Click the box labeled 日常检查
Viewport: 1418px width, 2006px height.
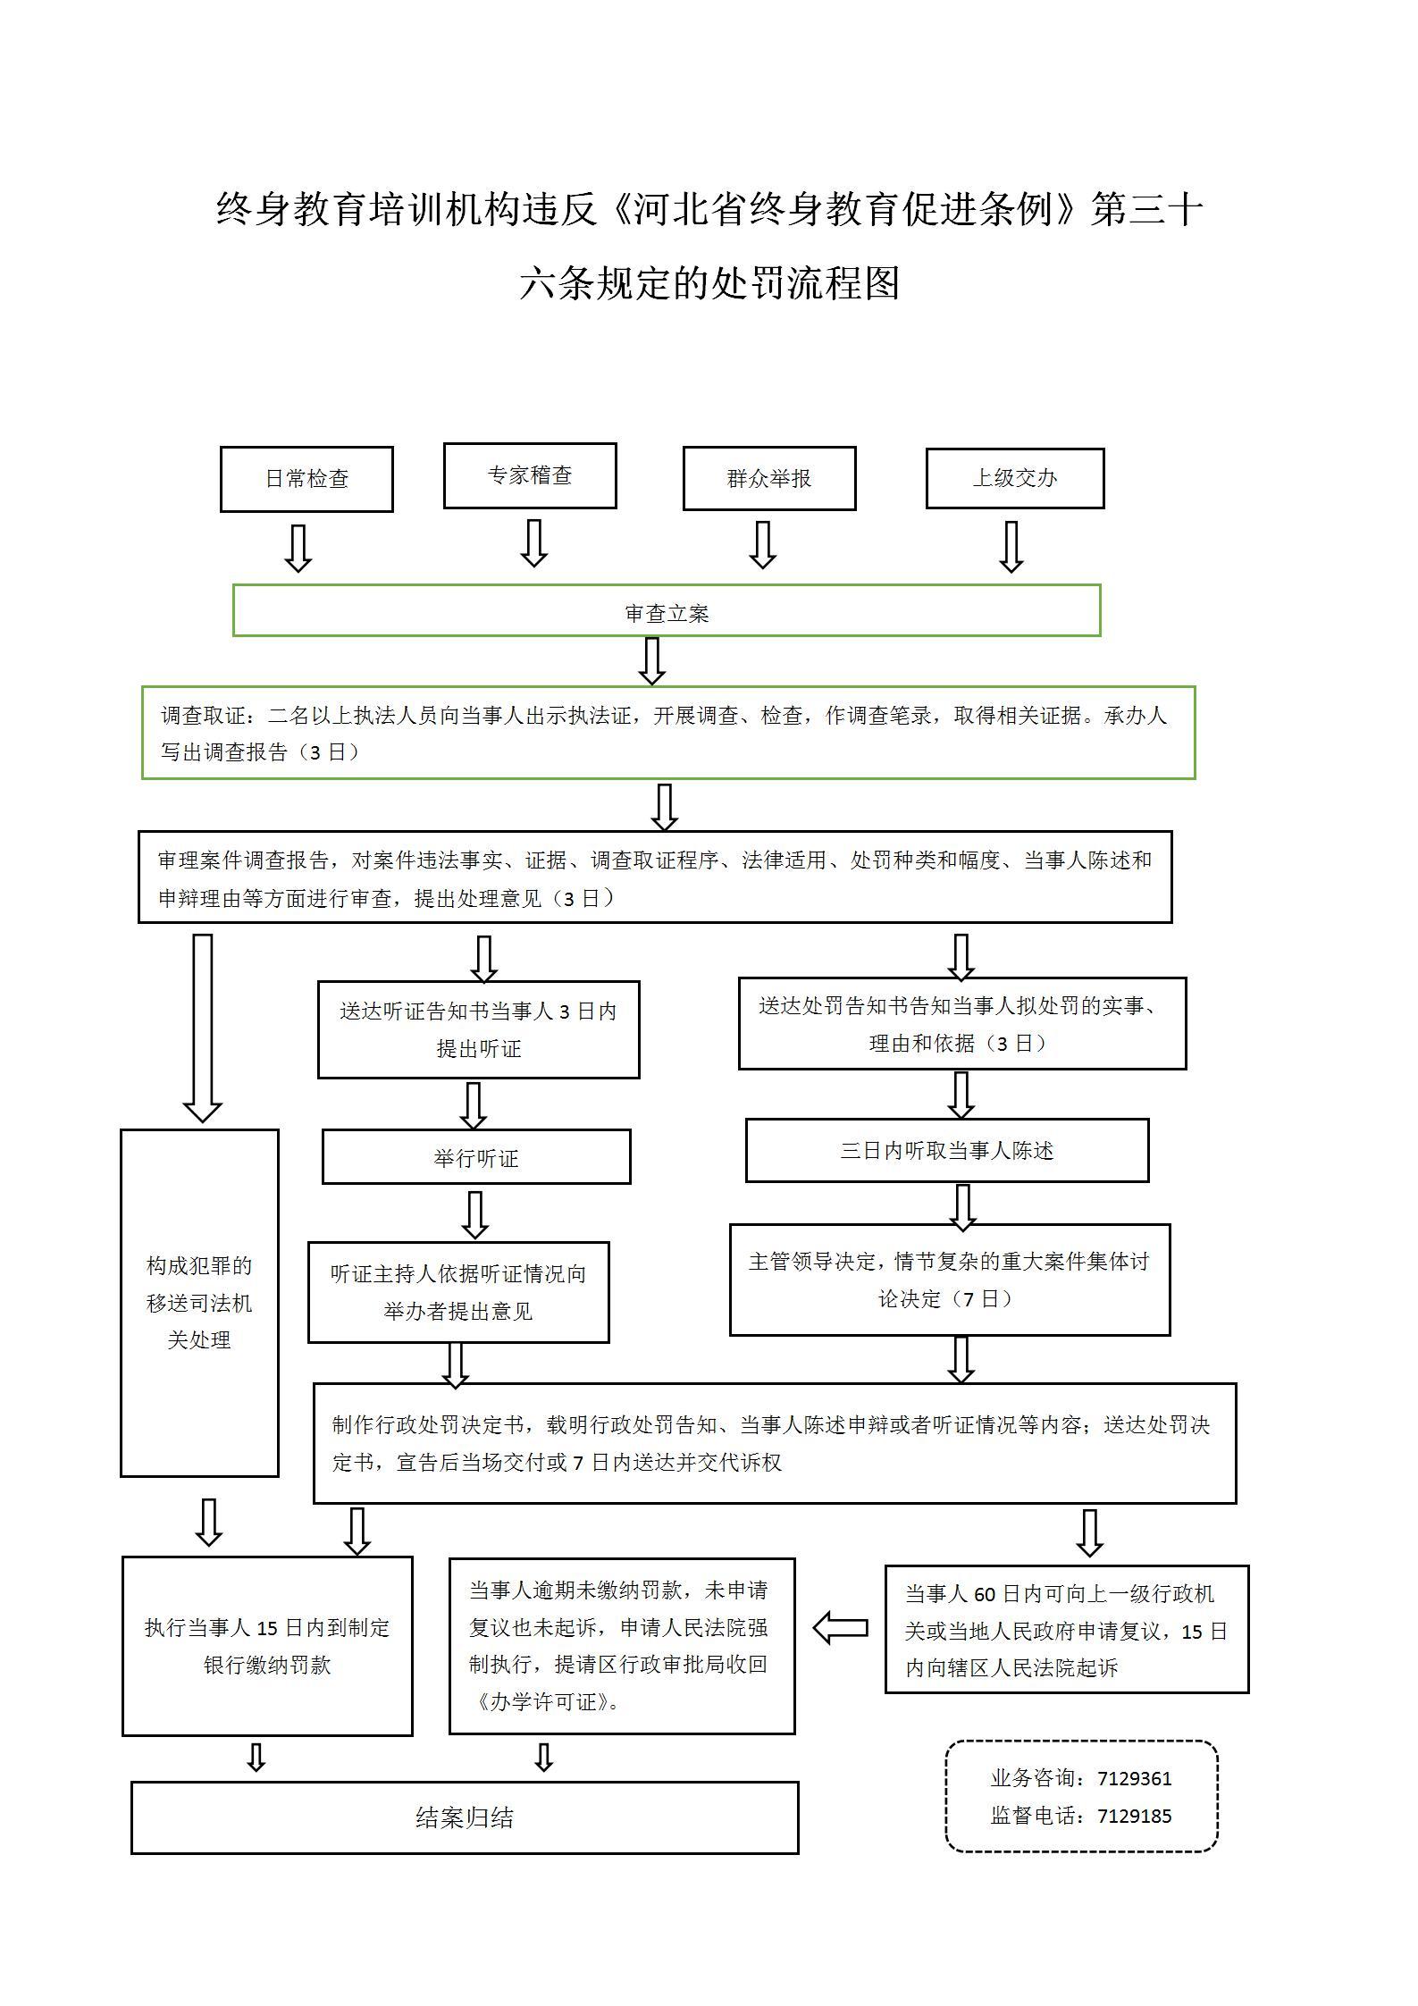pos(306,479)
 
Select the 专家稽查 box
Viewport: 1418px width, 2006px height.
pos(530,475)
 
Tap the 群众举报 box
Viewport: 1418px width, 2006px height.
pos(769,479)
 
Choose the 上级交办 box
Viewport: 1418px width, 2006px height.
pos(1015,478)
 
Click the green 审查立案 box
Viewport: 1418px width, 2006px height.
pos(667,611)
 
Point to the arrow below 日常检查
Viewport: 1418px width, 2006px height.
pos(298,547)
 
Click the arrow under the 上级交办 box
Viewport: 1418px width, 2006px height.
pos(1011,546)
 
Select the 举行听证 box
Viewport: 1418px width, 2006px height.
pos(476,1157)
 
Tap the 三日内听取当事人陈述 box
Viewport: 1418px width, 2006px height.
pos(947,1150)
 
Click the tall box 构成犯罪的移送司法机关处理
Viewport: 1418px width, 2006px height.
pos(199,1302)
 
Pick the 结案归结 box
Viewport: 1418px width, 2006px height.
pos(465,1817)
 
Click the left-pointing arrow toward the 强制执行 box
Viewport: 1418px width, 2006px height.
pos(841,1627)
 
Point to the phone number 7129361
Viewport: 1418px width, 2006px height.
pos(1134,1778)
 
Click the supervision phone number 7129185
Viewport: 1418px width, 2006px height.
pos(1134,1816)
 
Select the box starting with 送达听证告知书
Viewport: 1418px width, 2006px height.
pos(479,1029)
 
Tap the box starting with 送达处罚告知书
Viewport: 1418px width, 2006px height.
pos(961,1023)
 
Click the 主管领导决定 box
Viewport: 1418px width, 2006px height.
pos(949,1280)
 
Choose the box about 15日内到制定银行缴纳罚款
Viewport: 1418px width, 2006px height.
pos(267,1646)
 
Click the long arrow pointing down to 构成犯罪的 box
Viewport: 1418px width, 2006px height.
pos(203,1028)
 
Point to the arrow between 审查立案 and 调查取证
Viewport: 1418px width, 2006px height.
pos(652,661)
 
